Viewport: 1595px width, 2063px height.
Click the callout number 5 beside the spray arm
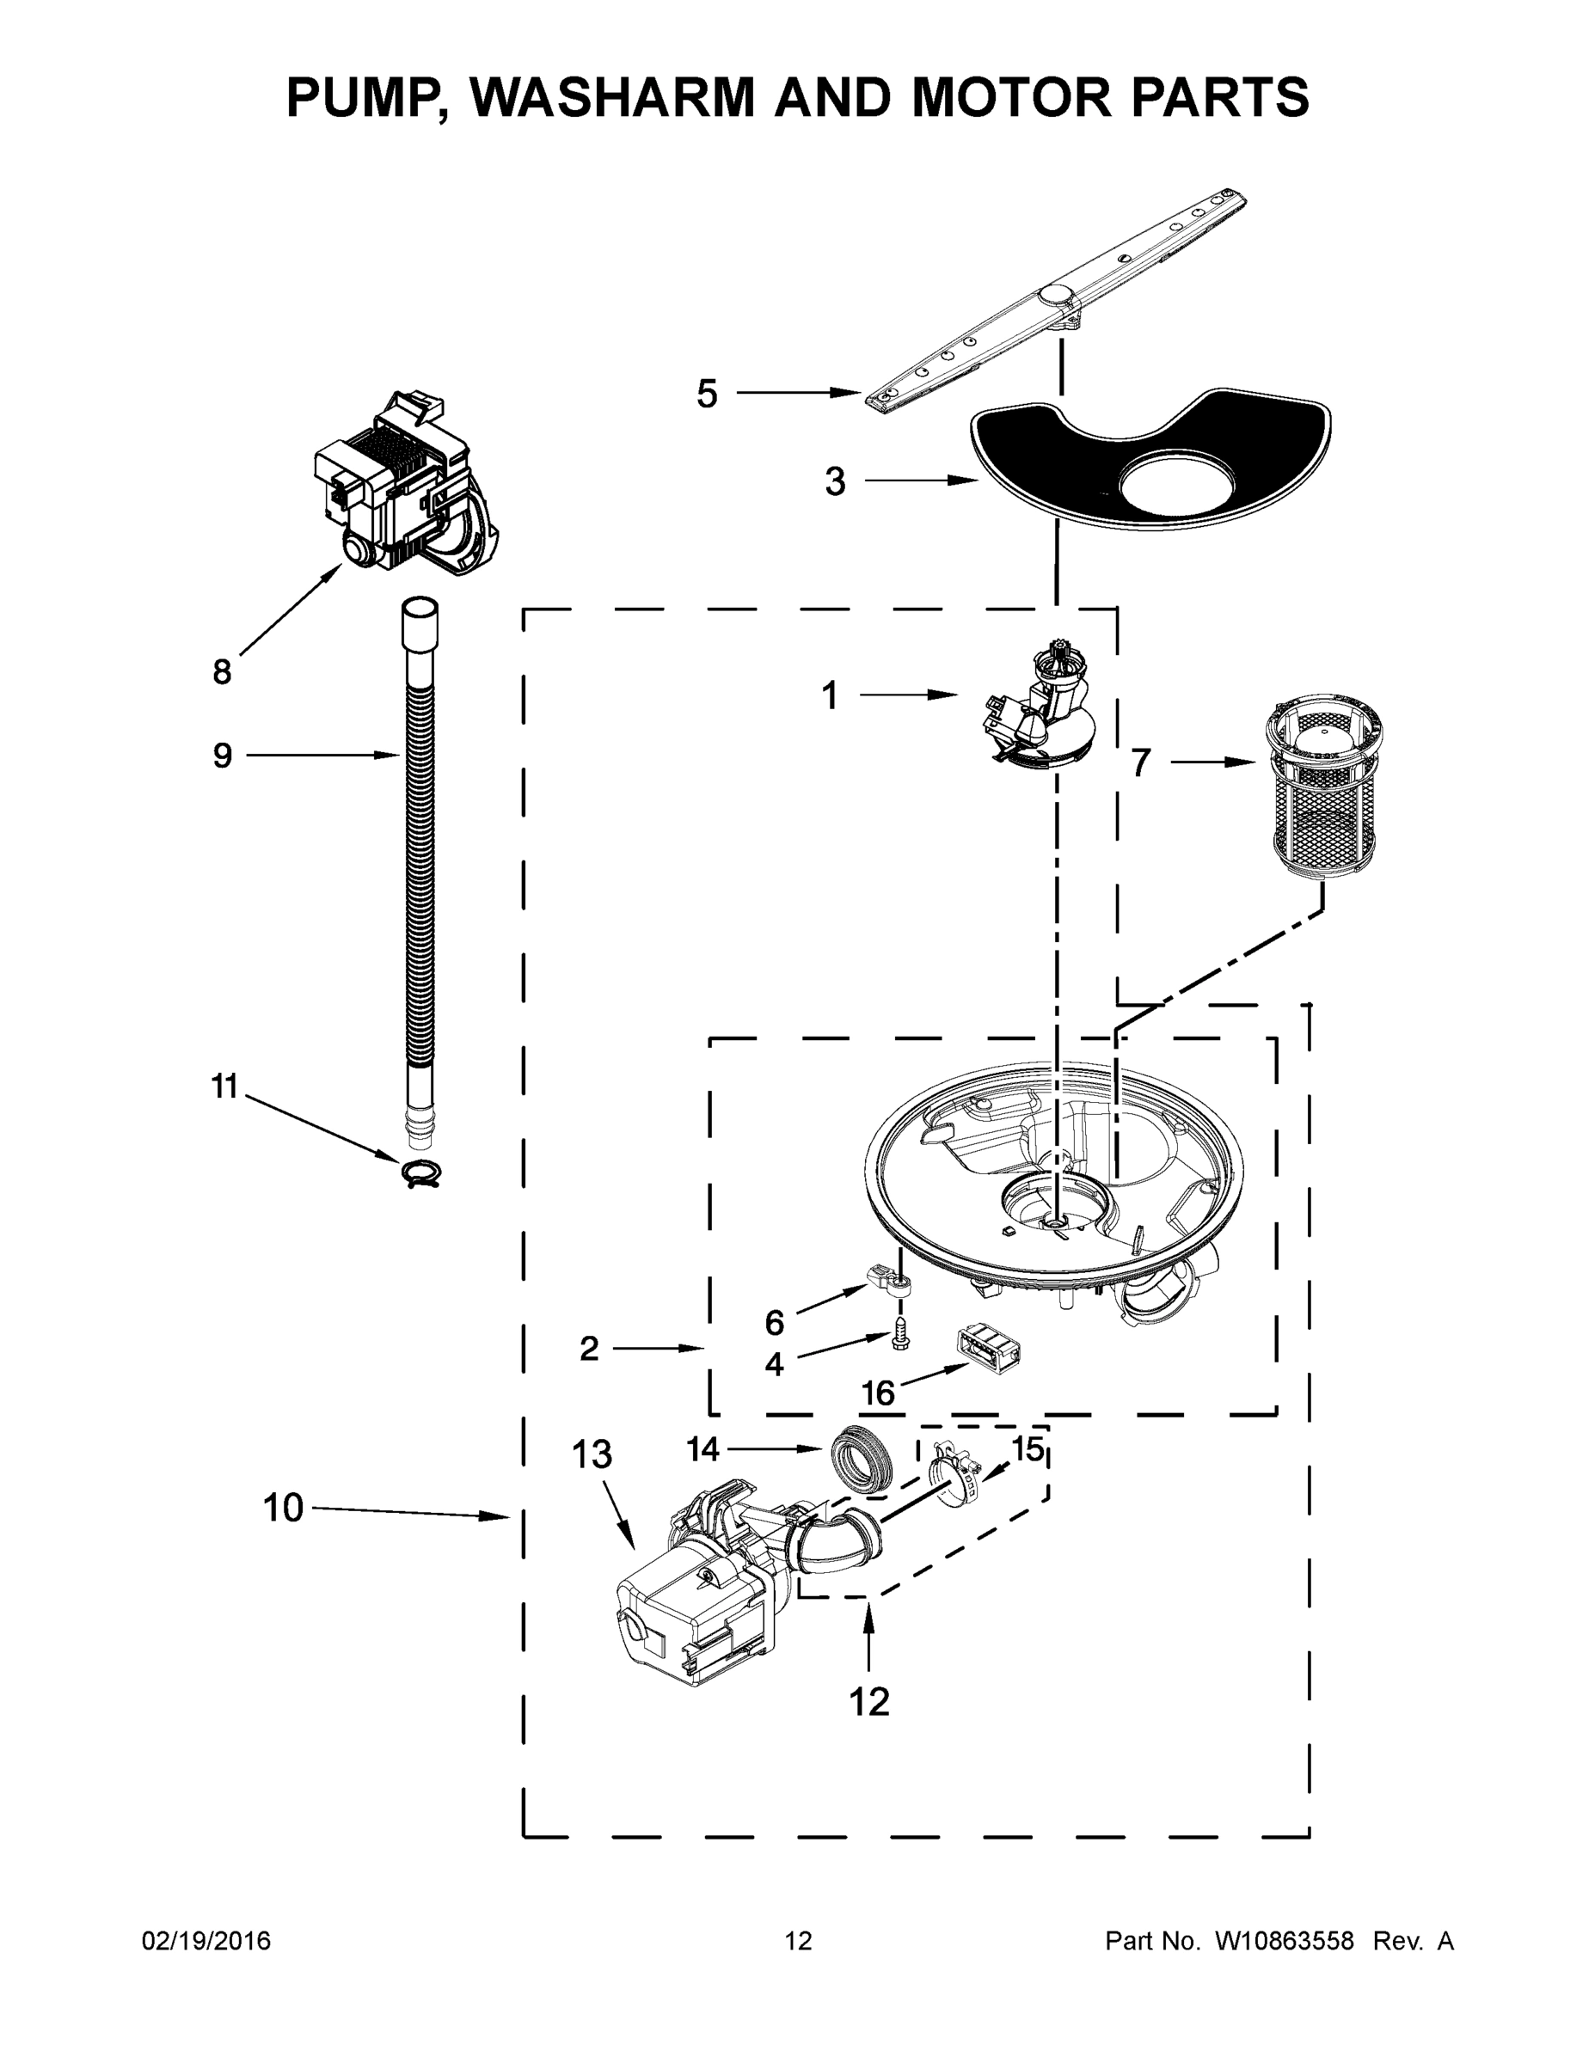click(707, 394)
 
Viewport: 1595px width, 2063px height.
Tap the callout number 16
click(878, 1393)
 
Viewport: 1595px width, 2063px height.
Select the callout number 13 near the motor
click(592, 1454)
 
